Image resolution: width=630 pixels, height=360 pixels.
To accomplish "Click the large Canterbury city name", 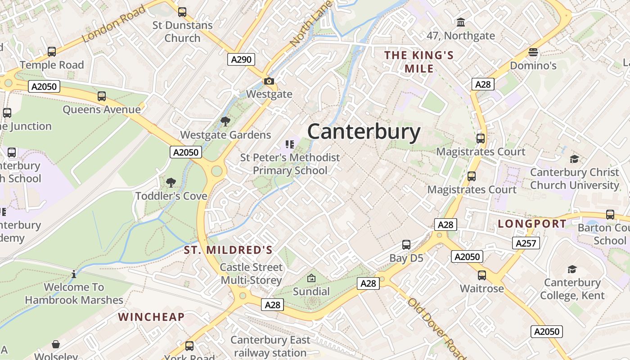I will pos(364,132).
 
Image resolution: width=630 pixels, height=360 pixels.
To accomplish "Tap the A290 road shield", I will pos(241,59).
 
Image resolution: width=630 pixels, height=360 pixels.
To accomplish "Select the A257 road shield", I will pos(526,243).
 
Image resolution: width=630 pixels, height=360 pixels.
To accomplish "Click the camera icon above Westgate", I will pos(269,81).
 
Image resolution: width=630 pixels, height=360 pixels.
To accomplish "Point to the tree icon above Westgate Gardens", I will pos(225,121).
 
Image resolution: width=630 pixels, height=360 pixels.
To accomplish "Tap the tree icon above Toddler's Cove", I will pos(171,182).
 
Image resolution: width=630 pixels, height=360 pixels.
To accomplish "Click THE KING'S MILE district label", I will pos(419,62).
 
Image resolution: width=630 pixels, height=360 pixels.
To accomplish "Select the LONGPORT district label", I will pos(532,224).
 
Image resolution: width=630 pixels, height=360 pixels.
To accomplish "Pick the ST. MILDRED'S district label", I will pos(228,250).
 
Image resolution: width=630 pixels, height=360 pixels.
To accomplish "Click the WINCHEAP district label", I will pos(151,317).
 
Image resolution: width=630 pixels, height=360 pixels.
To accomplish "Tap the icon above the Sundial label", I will pos(311,278).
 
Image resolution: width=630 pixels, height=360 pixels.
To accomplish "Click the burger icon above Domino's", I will pos(533,53).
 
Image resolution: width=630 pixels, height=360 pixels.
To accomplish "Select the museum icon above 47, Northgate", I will pos(461,22).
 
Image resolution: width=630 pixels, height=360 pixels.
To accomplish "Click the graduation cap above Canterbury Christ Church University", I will pos(574,159).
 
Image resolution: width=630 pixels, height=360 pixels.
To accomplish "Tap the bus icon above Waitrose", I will pos(482,275).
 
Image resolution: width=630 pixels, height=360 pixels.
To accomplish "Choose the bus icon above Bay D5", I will pos(406,245).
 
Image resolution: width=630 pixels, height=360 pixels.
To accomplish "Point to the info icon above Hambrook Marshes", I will pos(74,274).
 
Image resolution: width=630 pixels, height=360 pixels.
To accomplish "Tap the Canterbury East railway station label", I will pos(270,346).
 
